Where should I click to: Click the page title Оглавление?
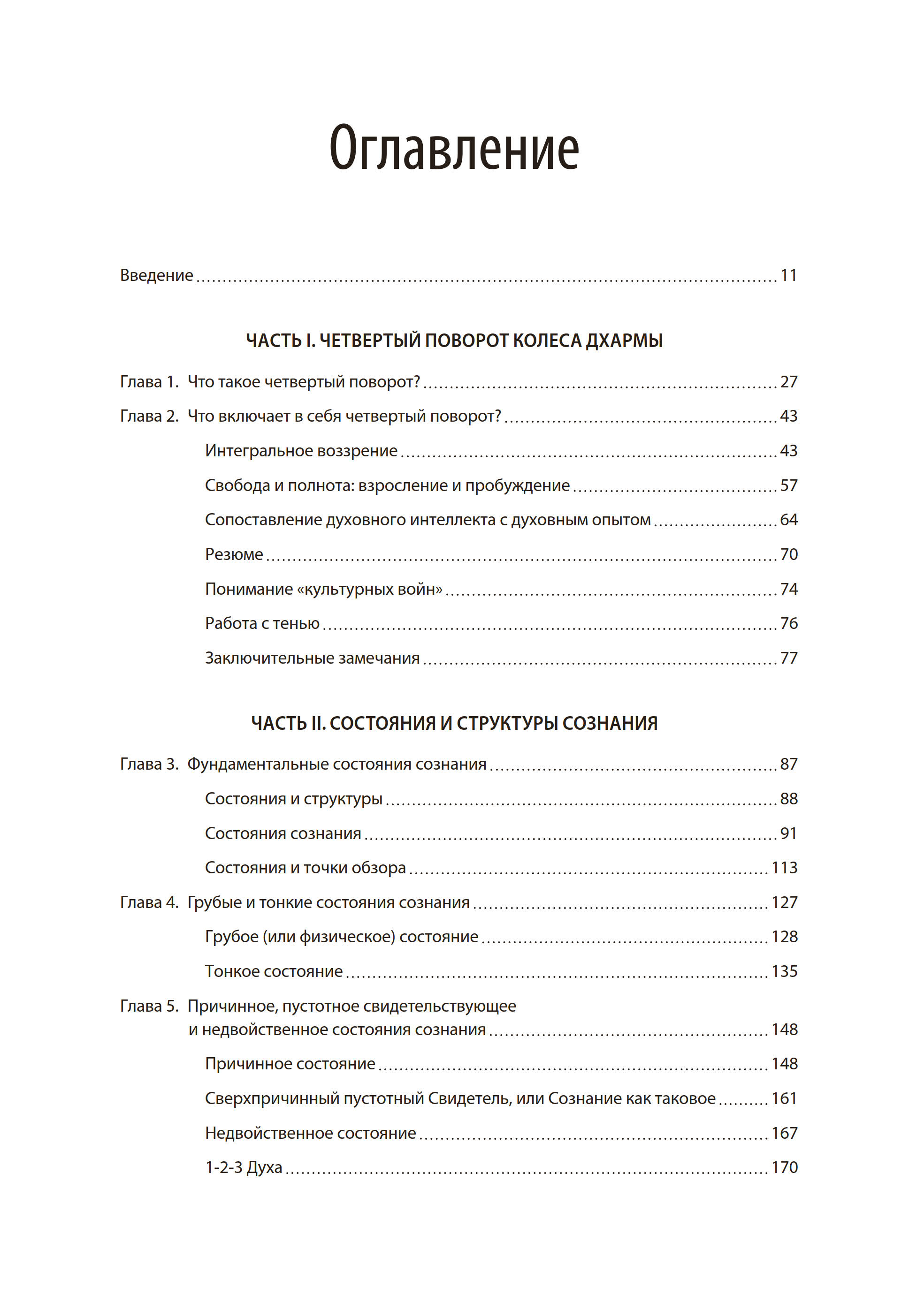454,149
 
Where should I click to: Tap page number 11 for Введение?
788,276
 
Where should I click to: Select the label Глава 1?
149,382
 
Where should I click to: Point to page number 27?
788,382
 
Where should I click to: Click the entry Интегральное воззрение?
301,451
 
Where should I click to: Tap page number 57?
788,485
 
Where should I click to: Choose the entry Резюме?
234,554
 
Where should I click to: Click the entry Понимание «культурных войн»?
323,589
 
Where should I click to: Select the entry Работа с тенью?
262,624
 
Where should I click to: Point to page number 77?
788,659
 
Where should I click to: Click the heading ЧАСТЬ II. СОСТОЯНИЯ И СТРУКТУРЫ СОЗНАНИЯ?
454,723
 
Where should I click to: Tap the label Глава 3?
149,765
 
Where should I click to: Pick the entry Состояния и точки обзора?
306,868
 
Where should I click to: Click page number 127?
784,903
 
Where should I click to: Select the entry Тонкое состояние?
274,971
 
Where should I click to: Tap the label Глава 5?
149,1006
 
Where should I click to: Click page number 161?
784,1098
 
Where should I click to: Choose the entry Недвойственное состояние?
310,1133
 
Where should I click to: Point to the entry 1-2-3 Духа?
244,1167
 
